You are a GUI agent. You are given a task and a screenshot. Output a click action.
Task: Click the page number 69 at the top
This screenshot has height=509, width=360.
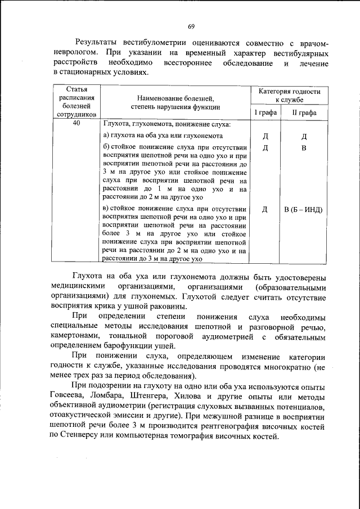191,26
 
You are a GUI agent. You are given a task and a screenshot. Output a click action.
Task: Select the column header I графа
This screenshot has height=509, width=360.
265,112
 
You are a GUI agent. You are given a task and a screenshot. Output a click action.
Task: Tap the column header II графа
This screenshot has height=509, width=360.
303,112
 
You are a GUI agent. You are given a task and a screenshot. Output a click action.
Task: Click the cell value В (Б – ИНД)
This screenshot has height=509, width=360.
303,209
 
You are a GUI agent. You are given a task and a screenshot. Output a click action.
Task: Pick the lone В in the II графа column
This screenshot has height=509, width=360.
303,148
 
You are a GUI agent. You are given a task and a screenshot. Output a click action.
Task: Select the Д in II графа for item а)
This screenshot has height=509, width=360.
303,136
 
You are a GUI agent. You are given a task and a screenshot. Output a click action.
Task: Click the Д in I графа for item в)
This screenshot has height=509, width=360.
265,209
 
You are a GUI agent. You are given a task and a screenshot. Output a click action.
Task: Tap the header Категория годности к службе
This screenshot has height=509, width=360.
289,95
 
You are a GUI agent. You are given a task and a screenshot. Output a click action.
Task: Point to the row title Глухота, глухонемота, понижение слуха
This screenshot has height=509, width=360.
166,125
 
